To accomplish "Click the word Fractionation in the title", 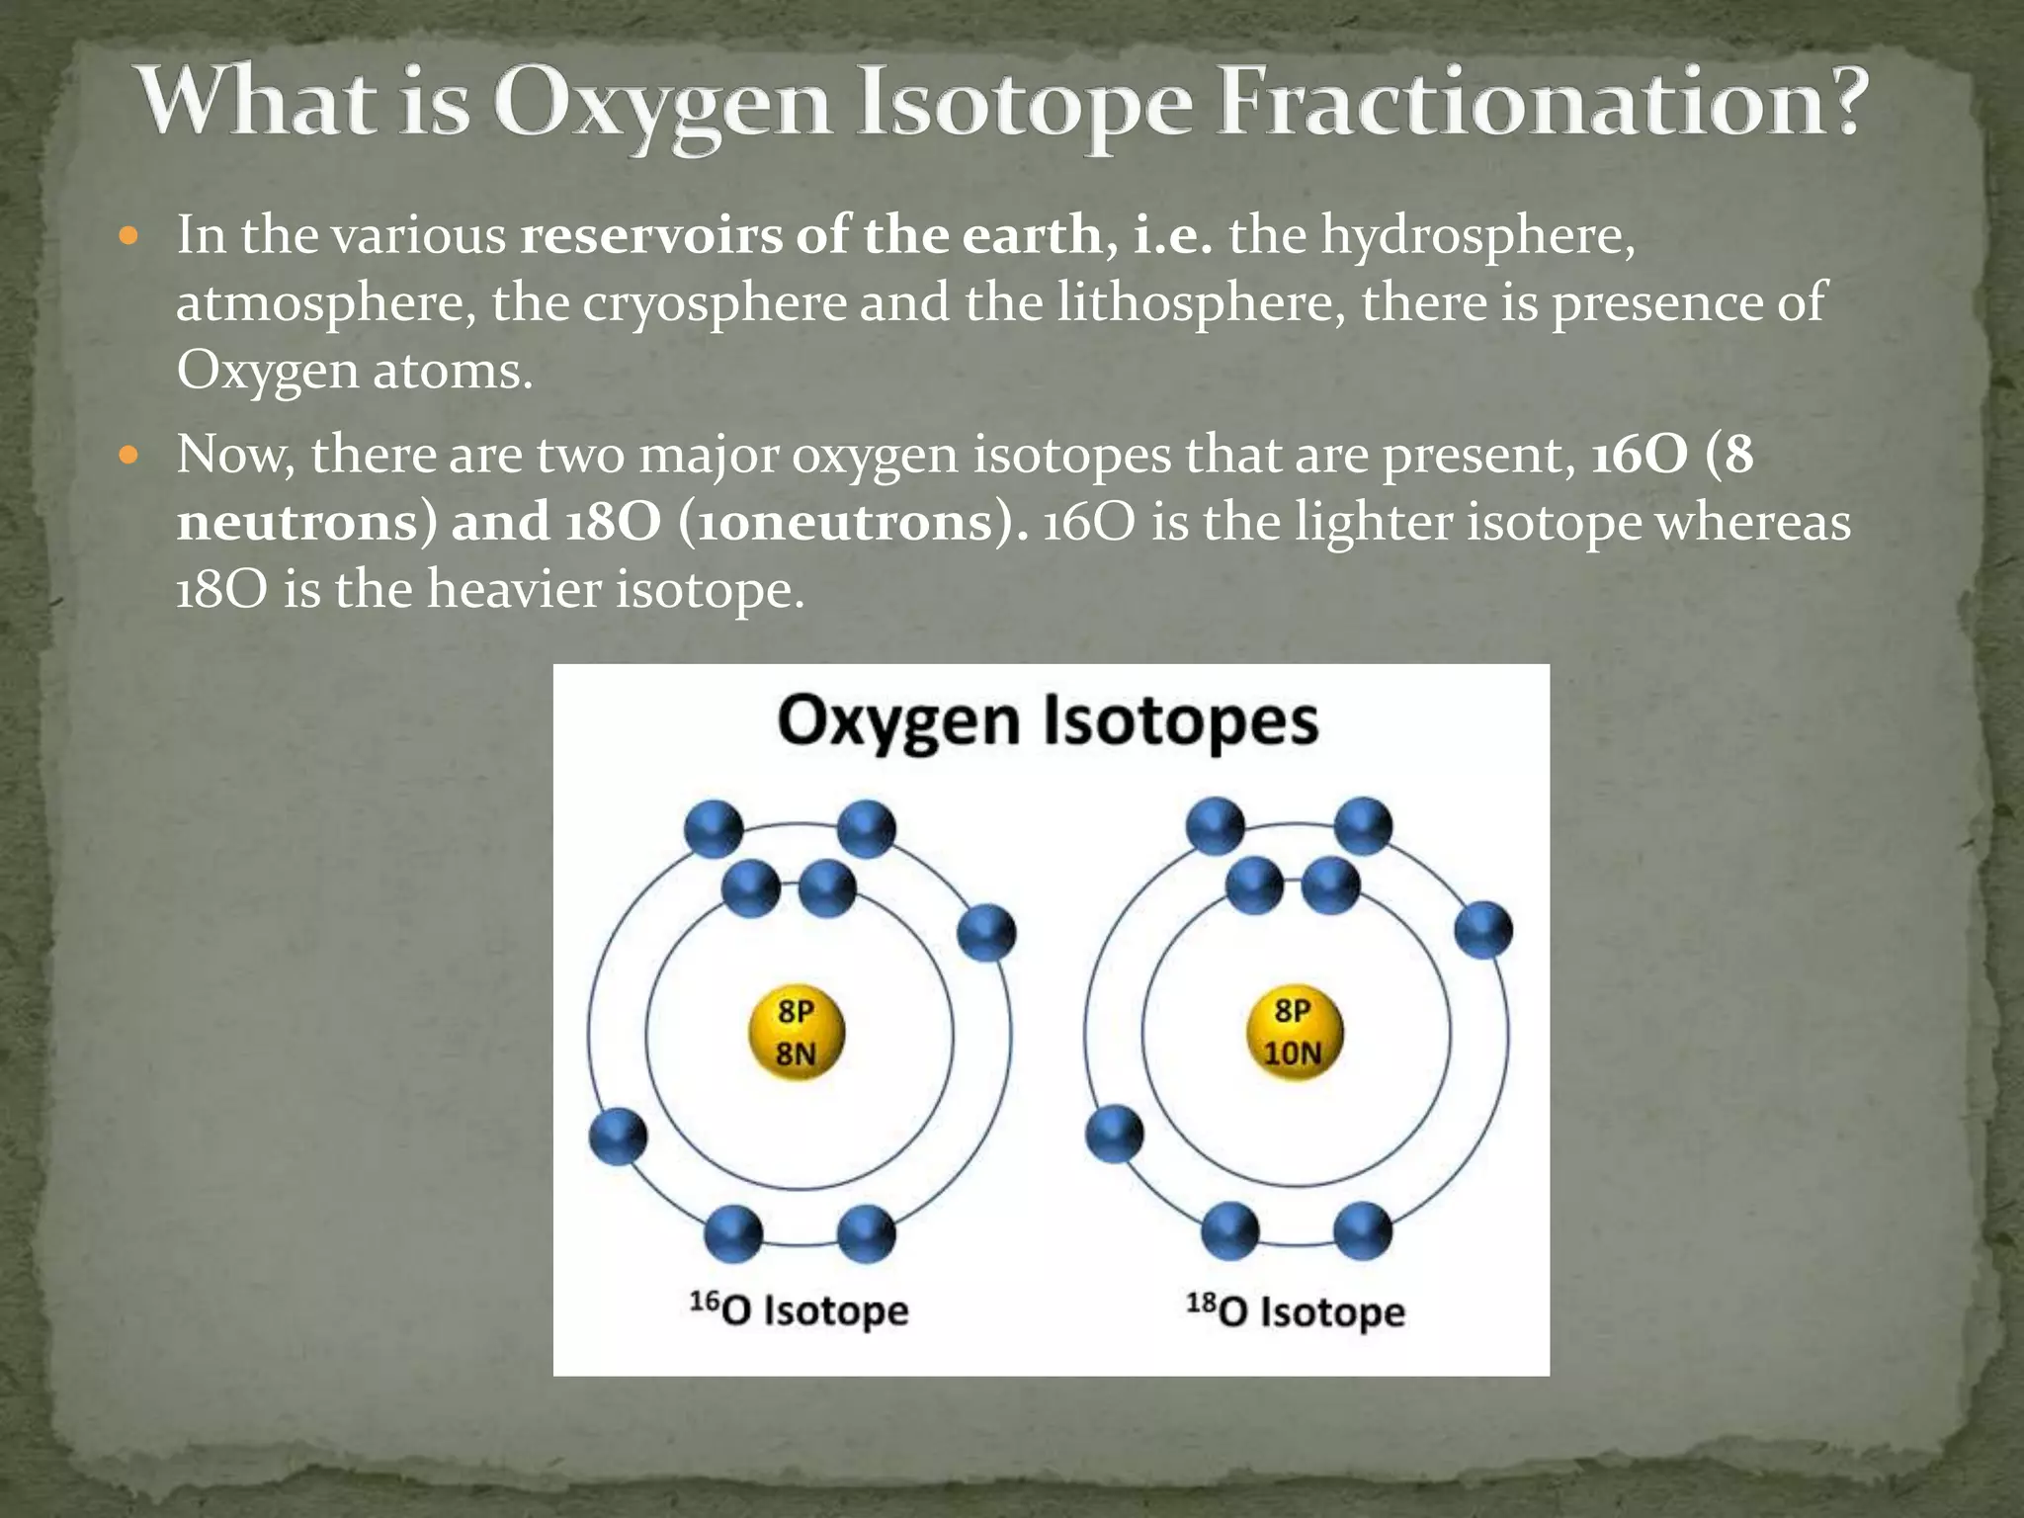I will pos(1542,103).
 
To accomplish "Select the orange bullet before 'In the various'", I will pos(128,236).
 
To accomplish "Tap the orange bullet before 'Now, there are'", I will pos(128,456).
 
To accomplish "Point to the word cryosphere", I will pos(714,302).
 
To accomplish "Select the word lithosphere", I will pos(1199,302).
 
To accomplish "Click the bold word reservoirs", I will pos(650,235).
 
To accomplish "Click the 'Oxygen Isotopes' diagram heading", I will pos(1048,721).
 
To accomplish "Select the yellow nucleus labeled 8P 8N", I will pos(796,1033).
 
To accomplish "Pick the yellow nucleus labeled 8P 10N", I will pos(1293,1033).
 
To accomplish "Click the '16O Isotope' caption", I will pos(799,1309).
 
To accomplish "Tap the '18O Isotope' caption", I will pos(1295,1311).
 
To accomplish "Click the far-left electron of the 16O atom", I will pos(618,1136).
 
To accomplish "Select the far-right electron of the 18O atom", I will pos(1483,930).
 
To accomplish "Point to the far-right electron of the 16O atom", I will pos(986,932).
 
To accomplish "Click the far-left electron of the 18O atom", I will pos(1114,1134).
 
